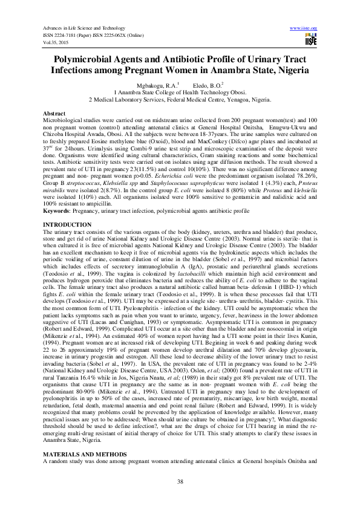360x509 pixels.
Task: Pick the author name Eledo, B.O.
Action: pos(206,86)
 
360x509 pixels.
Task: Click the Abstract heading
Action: pos(54,114)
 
